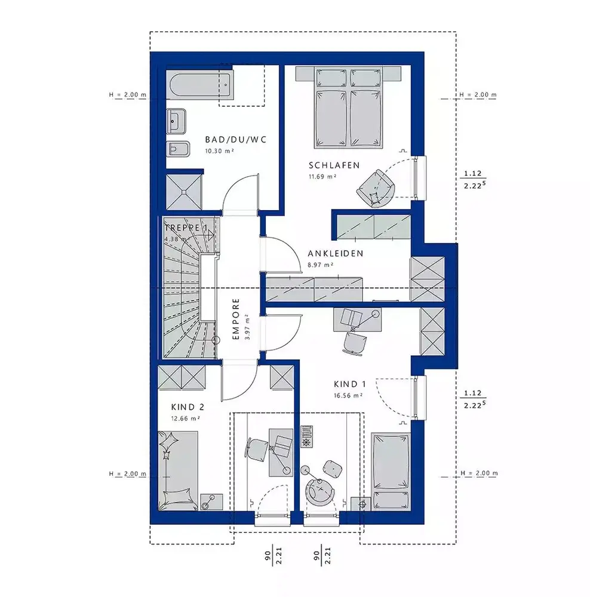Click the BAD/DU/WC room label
[236, 140]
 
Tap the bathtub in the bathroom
[200, 85]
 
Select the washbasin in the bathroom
[176, 121]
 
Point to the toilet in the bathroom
[178, 149]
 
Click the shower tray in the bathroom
[184, 192]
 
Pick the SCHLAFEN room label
[334, 165]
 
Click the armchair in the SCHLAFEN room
[375, 188]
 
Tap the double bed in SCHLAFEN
[348, 107]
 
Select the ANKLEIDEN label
[336, 254]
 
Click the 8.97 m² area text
[321, 265]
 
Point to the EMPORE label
[236, 319]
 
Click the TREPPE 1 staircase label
[186, 227]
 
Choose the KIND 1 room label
[350, 384]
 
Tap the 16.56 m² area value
[348, 396]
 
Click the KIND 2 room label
[188, 407]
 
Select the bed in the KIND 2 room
[178, 470]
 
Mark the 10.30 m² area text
[219, 151]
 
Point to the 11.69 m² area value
[322, 177]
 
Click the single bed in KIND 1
[391, 470]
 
